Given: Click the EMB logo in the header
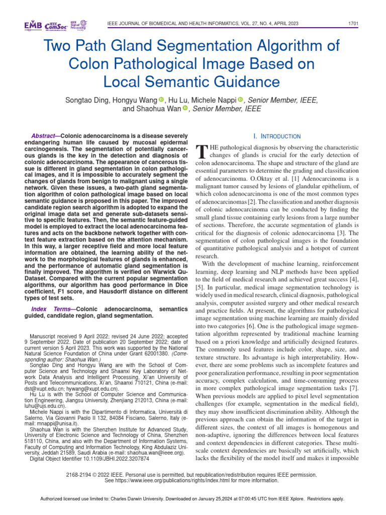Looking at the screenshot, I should pos(33,25).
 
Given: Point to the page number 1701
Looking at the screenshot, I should pos(353,24).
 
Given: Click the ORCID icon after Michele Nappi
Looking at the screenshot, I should pos(240,100).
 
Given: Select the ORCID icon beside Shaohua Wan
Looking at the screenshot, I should pos(185,108).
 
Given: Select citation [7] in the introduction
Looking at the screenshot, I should pos(354,388).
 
